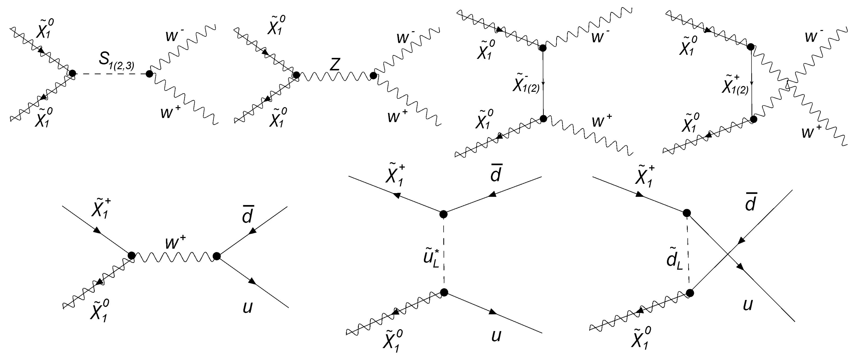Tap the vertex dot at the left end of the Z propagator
click(x=296, y=75)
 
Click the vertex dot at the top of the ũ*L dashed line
click(x=443, y=214)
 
